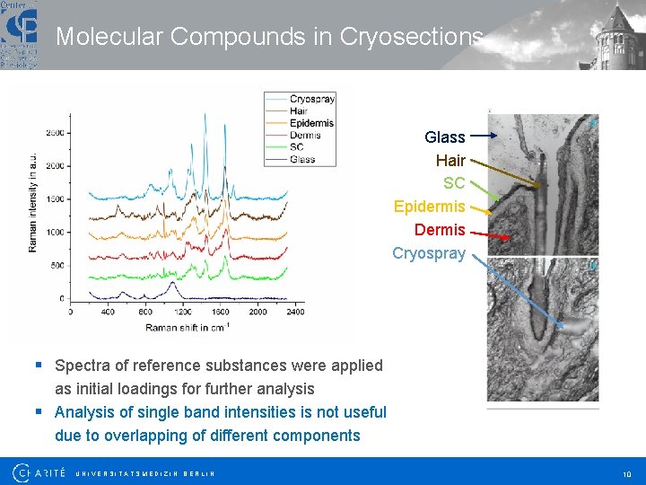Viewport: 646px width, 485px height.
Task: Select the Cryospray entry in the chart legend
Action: coord(311,100)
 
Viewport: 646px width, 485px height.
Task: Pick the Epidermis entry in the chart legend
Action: coord(311,123)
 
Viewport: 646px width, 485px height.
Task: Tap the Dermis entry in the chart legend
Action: coord(305,136)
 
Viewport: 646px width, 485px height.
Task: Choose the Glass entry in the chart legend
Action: coord(302,159)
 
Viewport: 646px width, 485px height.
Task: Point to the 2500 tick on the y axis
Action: coord(54,133)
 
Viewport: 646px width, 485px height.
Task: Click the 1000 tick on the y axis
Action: coord(54,232)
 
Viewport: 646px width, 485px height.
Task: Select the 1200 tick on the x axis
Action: coord(183,312)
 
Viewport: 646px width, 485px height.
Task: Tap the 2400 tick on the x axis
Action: coord(294,312)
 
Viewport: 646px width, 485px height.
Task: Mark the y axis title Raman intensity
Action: coord(33,189)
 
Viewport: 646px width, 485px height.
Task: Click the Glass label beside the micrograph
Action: coord(444,137)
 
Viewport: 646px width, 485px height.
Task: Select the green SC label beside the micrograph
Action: coord(454,183)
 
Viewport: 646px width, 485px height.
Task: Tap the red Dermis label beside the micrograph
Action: coord(440,230)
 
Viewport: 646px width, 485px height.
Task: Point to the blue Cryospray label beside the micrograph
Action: coord(429,253)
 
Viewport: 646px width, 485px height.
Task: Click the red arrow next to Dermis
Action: coord(490,234)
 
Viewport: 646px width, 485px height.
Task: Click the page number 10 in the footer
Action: coord(626,473)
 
